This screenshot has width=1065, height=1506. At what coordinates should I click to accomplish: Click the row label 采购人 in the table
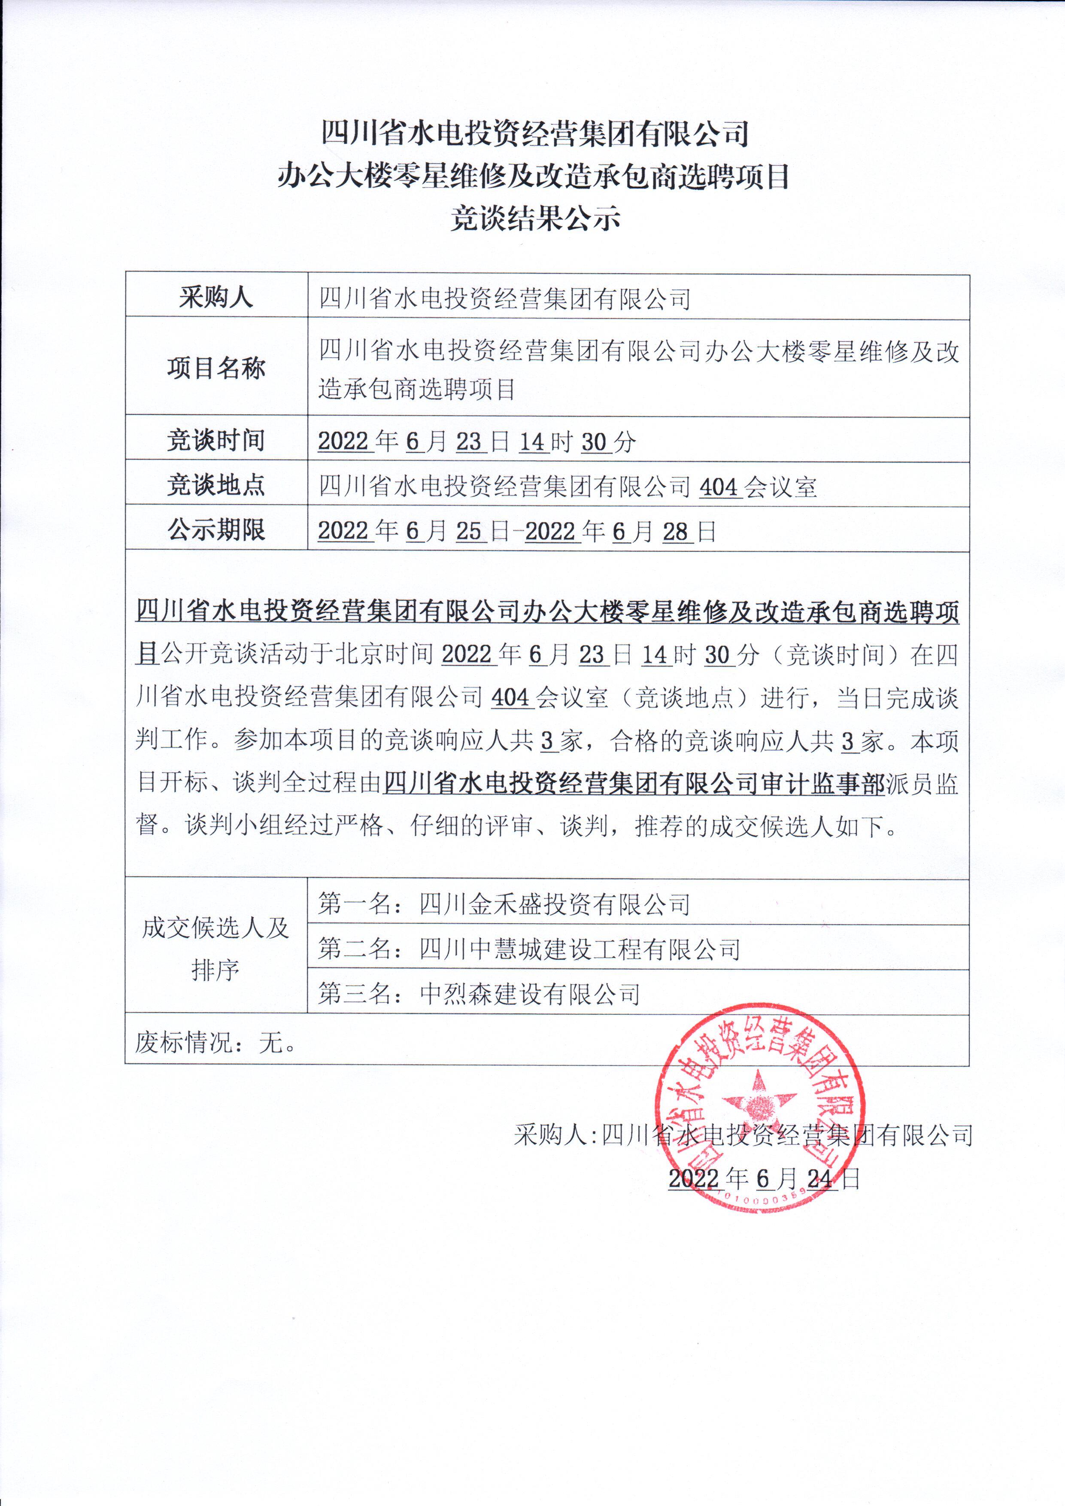pos(216,298)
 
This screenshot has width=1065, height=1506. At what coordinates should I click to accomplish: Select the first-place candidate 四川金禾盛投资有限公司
pos(554,904)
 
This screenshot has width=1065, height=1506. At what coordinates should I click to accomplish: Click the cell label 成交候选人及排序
pos(216,949)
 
